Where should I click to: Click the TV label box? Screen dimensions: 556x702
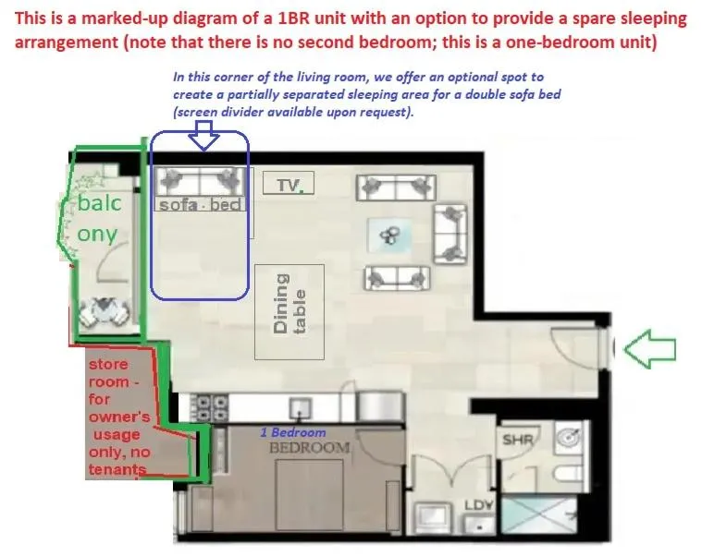[289, 185]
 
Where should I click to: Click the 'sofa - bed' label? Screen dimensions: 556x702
[200, 204]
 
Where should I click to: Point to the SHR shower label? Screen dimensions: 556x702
[517, 441]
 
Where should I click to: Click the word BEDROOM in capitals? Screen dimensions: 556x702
[309, 448]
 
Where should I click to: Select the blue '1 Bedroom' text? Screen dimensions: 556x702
[291, 432]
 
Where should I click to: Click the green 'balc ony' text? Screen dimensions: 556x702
[98, 219]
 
